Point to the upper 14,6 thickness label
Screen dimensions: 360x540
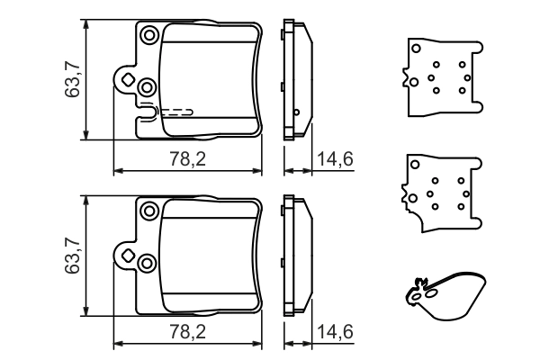tap(335, 159)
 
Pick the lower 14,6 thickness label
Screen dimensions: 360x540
tap(335, 332)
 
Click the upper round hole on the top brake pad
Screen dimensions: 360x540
tap(148, 35)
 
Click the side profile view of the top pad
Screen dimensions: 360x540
tap(296, 80)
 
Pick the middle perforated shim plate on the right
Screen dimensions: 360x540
tap(438, 193)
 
